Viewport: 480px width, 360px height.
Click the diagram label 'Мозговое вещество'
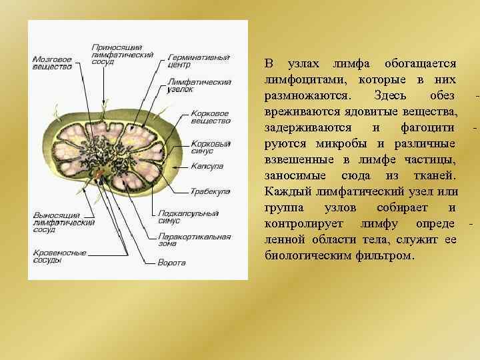(52, 63)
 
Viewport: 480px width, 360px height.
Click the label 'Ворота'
(171, 263)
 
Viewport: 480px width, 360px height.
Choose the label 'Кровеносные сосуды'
(59, 256)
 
